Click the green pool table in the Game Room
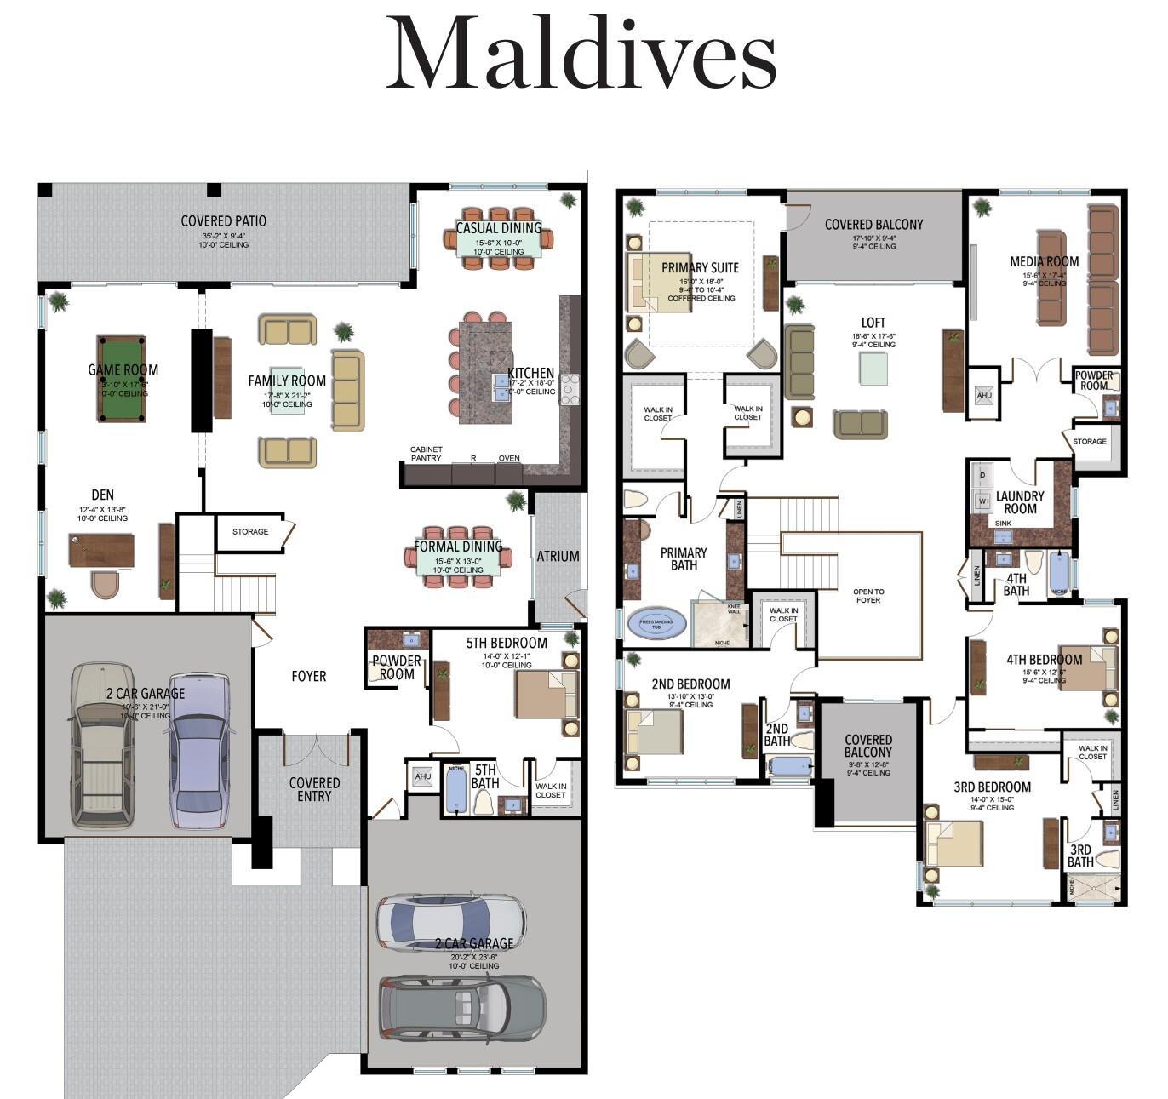[x=123, y=379]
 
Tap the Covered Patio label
[x=224, y=221]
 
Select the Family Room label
[x=287, y=381]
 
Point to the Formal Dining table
[x=458, y=557]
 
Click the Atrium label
[x=558, y=556]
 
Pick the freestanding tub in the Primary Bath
[x=656, y=622]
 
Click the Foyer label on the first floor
[x=308, y=676]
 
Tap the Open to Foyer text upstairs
[x=867, y=596]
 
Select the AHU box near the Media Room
[x=984, y=396]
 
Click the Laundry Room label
[x=1020, y=502]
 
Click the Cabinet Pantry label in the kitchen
[x=426, y=454]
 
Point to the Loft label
[x=873, y=323]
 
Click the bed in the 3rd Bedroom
[x=954, y=846]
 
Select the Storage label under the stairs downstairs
[x=250, y=531]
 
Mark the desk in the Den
[x=101, y=549]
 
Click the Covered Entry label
[x=314, y=789]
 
